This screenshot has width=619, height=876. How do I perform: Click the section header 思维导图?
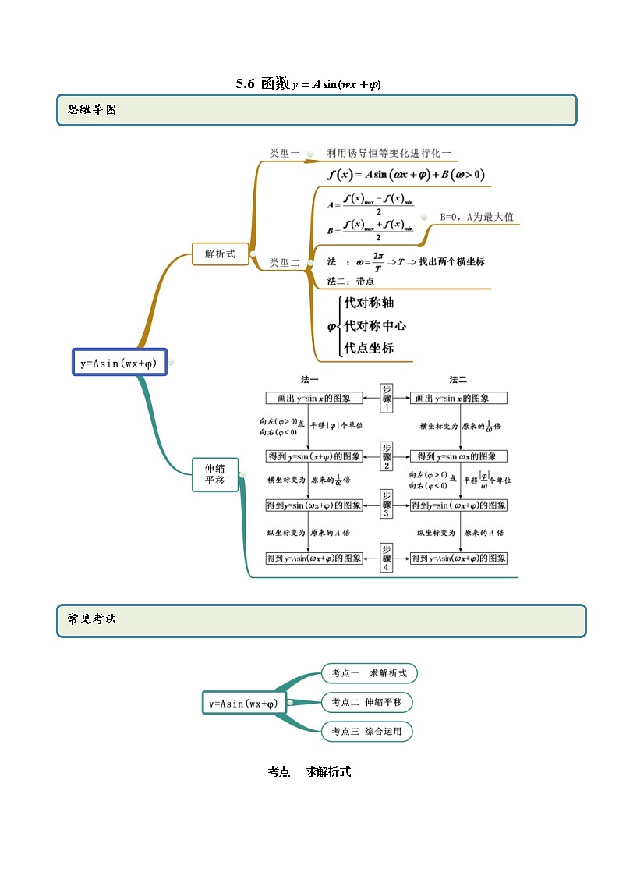(x=92, y=110)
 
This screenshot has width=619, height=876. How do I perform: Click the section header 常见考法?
(x=92, y=620)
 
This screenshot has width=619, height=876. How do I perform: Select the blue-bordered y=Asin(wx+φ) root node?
(x=119, y=363)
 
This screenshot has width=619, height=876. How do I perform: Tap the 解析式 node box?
(x=220, y=254)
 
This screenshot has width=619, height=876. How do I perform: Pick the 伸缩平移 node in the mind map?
(x=214, y=474)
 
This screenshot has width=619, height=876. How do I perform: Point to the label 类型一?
(x=285, y=154)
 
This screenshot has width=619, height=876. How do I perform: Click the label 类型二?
(x=285, y=263)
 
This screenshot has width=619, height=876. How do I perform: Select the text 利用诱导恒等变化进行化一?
(x=388, y=154)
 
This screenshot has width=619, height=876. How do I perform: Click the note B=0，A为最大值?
(x=476, y=217)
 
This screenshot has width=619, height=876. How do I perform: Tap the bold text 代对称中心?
(x=375, y=325)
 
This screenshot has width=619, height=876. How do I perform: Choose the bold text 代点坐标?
(x=369, y=348)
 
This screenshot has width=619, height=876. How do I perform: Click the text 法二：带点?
(x=351, y=281)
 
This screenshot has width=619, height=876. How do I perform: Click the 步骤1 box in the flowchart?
(x=387, y=398)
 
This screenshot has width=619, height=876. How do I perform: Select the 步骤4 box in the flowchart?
(x=387, y=558)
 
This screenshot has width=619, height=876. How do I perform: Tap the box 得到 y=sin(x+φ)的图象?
(x=314, y=456)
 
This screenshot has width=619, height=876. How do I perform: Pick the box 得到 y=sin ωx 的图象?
(x=458, y=456)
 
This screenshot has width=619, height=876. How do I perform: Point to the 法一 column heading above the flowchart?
(x=309, y=380)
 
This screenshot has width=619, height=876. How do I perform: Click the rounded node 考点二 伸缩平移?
(x=366, y=702)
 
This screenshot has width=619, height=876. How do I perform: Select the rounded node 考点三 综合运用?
(x=366, y=732)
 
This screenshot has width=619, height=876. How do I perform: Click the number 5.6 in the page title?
(x=246, y=84)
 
